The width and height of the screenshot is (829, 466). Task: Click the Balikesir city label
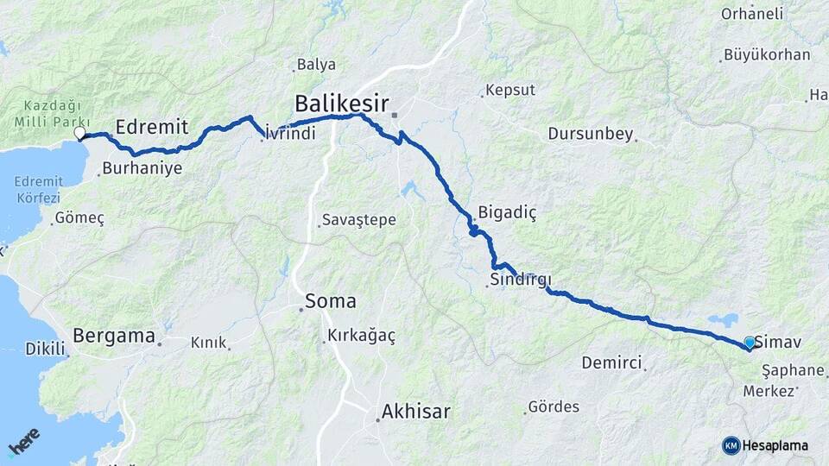click(341, 103)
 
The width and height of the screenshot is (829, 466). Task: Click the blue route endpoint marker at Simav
click(750, 343)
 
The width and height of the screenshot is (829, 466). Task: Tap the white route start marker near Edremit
click(79, 134)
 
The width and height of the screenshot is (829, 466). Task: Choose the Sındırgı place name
click(520, 280)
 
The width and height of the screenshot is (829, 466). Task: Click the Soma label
click(330, 302)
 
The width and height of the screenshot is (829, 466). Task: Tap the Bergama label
click(114, 336)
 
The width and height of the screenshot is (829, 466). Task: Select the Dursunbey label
click(591, 135)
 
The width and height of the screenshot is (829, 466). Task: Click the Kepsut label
click(510, 90)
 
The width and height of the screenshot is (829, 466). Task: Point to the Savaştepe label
click(358, 220)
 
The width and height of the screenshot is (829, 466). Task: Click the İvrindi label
click(291, 134)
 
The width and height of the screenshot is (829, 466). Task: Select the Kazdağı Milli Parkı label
click(40, 114)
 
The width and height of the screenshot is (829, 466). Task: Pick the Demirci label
click(611, 362)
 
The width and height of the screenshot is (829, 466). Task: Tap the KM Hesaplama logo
click(765, 445)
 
